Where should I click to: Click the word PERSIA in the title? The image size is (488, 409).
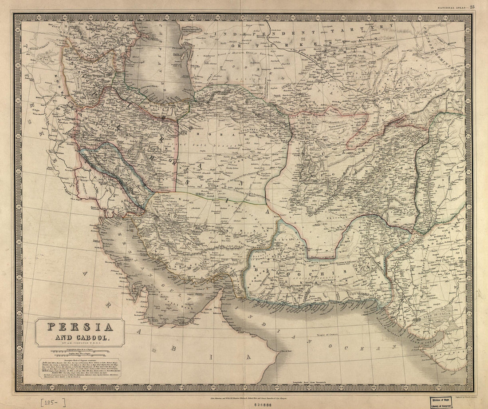pyautogui.click(x=80, y=328)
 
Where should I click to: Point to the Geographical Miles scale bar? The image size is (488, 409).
pyautogui.click(x=80, y=351)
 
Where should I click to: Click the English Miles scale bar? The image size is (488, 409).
pyautogui.click(x=80, y=355)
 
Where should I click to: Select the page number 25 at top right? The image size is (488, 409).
pyautogui.click(x=472, y=7)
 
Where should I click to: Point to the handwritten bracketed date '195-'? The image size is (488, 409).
pyautogui.click(x=53, y=403)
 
